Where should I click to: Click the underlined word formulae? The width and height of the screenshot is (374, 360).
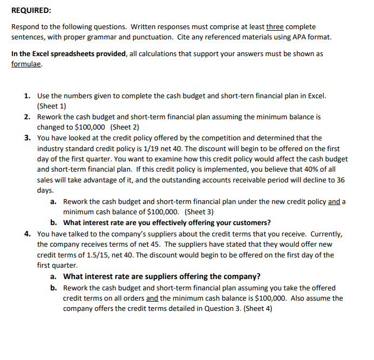(26, 64)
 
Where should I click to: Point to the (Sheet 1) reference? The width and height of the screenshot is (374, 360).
(52, 106)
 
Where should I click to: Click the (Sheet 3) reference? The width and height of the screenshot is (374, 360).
(199, 212)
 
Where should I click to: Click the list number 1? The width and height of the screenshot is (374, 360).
(27, 96)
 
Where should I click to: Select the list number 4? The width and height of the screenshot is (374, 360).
(27, 234)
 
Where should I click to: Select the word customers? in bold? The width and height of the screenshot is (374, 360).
(250, 222)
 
